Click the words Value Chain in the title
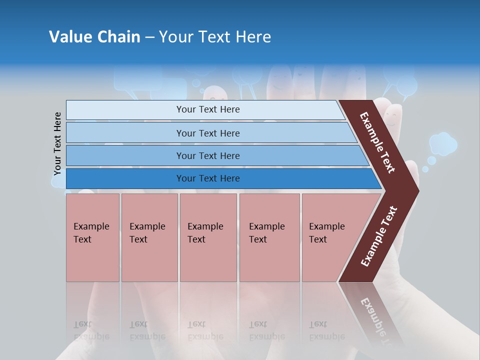point(94,37)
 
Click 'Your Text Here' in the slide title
point(215,37)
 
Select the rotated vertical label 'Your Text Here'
point(57,144)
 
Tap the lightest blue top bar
point(208,109)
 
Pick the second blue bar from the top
point(208,133)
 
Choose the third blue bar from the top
point(208,155)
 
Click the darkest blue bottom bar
point(208,178)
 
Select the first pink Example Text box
point(92,237)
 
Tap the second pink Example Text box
point(149,237)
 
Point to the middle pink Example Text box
point(208,237)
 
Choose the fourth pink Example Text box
point(269,237)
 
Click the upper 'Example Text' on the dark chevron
point(378,142)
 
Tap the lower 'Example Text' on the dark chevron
point(379,236)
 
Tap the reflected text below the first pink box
point(91,330)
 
